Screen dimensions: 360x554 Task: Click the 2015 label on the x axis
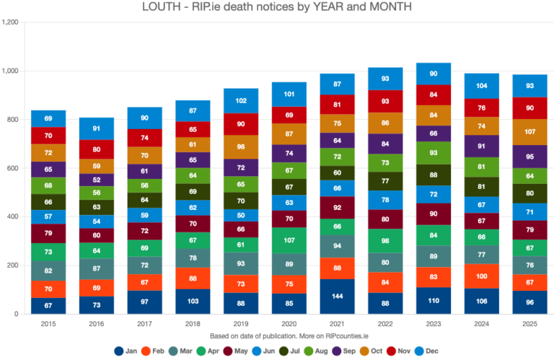[x=48, y=325]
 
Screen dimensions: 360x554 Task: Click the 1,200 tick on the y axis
[x=10, y=22]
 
